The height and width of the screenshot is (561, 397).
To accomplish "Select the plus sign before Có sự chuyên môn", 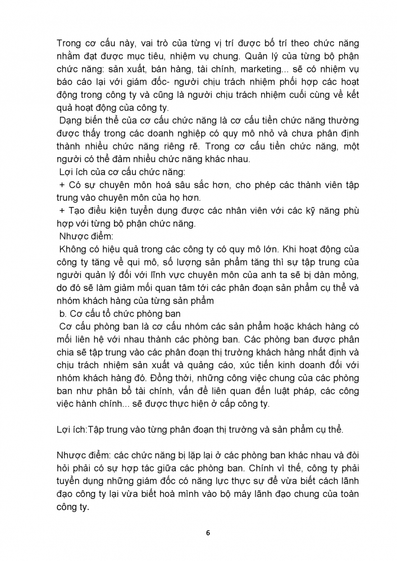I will (x=62, y=186).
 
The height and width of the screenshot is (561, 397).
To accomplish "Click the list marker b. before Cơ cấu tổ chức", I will (x=63, y=315).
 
